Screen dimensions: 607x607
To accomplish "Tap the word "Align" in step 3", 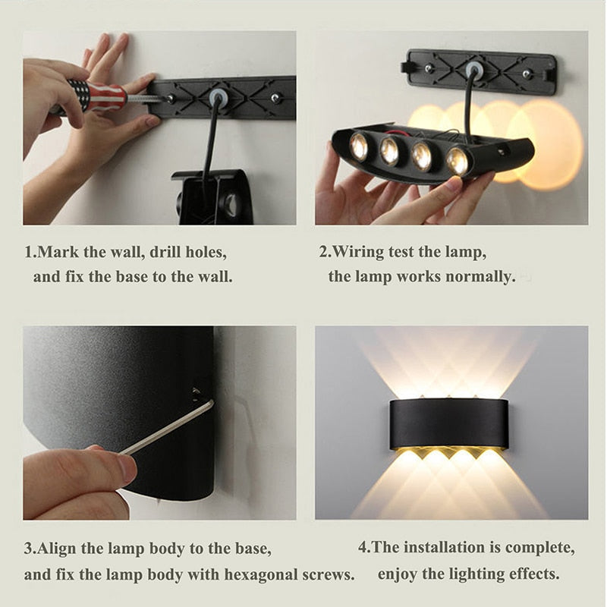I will (x=58, y=548).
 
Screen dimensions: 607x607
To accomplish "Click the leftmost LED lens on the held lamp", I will (x=359, y=146).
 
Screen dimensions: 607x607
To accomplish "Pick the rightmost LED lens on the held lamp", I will (x=457, y=160).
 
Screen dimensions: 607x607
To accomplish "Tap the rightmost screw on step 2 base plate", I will (x=527, y=74).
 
